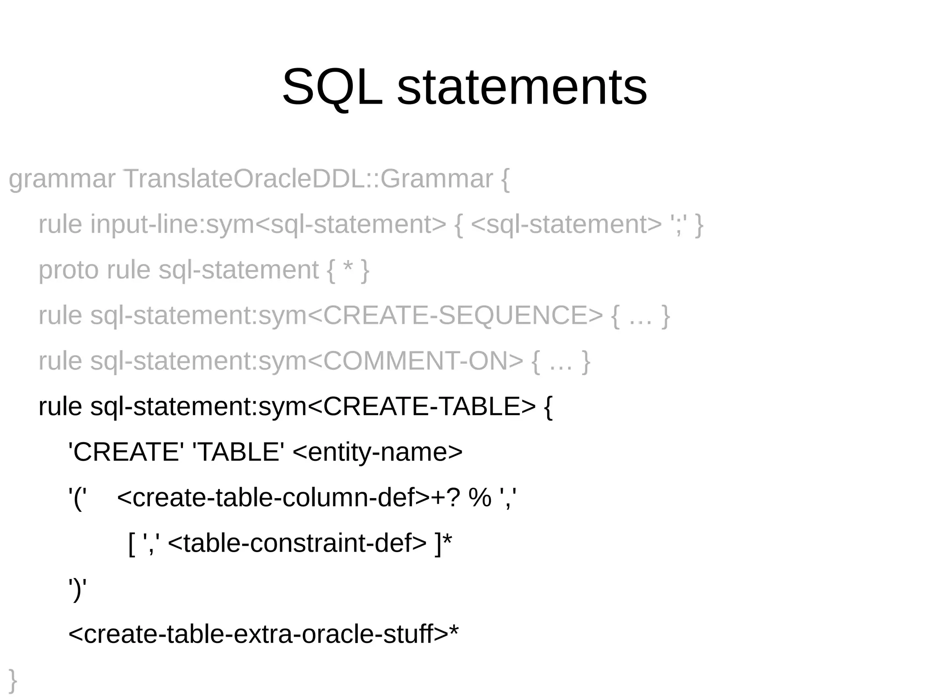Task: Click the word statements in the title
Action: coord(522,87)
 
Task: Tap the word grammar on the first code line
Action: coord(62,179)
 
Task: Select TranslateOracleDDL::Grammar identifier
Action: coord(308,179)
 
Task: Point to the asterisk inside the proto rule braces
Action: coord(348,268)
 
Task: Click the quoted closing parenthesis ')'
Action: coord(77,589)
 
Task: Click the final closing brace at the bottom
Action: coord(13,680)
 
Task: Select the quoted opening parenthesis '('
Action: coord(77,498)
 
